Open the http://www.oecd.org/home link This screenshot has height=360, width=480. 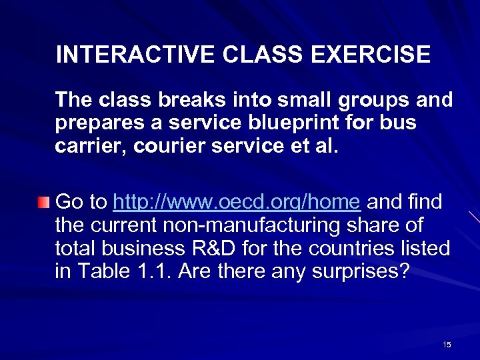pos(238,201)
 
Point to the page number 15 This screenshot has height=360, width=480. pos(447,344)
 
